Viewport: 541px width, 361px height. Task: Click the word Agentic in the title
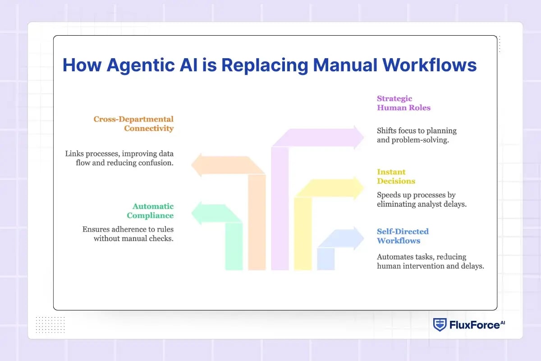pyautogui.click(x=139, y=65)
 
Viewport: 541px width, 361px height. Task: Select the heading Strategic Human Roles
pyautogui.click(x=403, y=103)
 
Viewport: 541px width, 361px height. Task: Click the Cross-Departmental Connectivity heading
pyautogui.click(x=133, y=124)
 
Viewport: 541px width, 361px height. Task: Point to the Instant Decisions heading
pyautogui.click(x=396, y=176)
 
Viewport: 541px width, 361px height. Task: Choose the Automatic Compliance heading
pyautogui.click(x=153, y=211)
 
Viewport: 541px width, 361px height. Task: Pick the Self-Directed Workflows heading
pyautogui.click(x=403, y=236)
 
